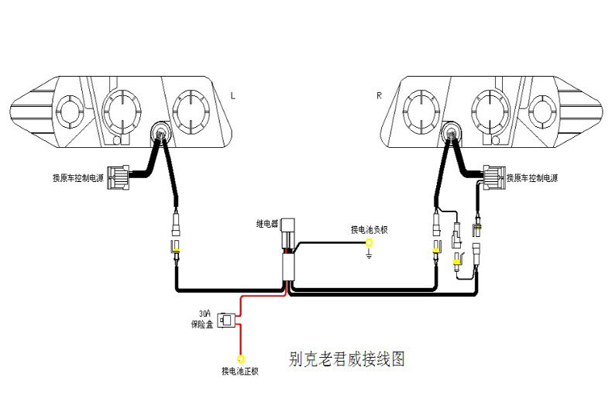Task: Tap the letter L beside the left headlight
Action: pyautogui.click(x=233, y=96)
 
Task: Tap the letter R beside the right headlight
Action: pyautogui.click(x=379, y=96)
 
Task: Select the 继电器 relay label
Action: pyautogui.click(x=267, y=224)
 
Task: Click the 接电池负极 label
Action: pyautogui.click(x=369, y=229)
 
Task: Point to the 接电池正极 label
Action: pyautogui.click(x=239, y=372)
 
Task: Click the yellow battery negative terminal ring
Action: pyautogui.click(x=369, y=243)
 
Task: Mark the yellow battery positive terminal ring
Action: pyautogui.click(x=240, y=358)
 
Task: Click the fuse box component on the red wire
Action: pyautogui.click(x=226, y=319)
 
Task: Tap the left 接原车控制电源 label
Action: pyautogui.click(x=78, y=178)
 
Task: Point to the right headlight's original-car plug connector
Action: pyautogui.click(x=493, y=177)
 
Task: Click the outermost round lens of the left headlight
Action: pyautogui.click(x=68, y=111)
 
